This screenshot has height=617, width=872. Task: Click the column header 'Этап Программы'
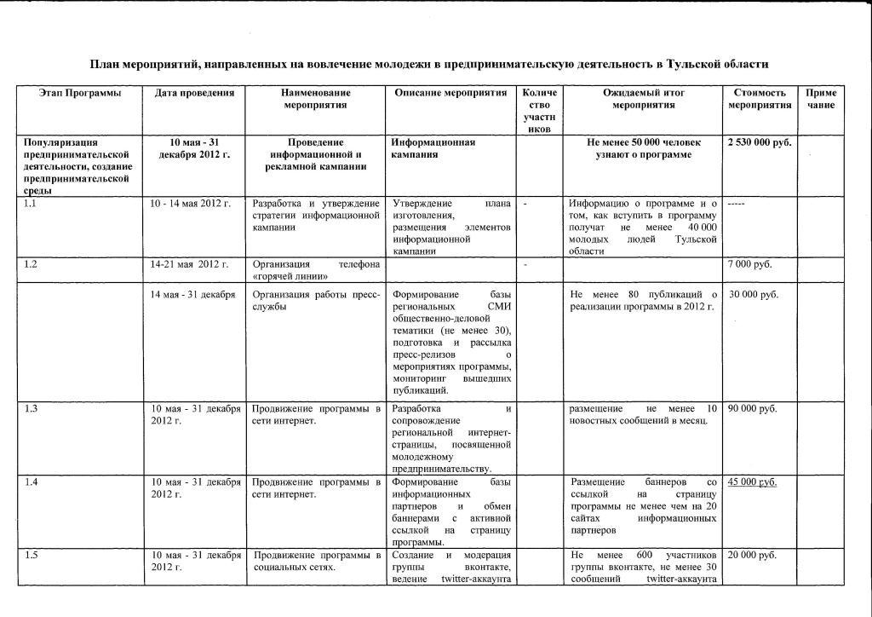80,92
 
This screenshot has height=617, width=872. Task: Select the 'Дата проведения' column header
194,92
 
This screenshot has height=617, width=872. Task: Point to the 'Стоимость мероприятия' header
758,98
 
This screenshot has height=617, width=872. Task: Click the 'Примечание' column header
821,98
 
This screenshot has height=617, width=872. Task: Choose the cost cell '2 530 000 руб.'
760,142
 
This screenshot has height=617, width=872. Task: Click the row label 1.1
31,204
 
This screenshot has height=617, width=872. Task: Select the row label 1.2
31,264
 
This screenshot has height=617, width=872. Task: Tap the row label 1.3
31,409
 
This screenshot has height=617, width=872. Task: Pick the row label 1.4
31,482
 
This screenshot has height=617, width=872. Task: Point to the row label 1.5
31,556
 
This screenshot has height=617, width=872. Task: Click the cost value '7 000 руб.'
750,264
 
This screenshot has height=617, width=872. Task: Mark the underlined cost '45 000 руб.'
752,482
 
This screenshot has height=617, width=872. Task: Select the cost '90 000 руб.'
753,409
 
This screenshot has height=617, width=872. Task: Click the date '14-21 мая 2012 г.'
189,264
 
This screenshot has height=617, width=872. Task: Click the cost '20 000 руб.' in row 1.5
753,556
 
